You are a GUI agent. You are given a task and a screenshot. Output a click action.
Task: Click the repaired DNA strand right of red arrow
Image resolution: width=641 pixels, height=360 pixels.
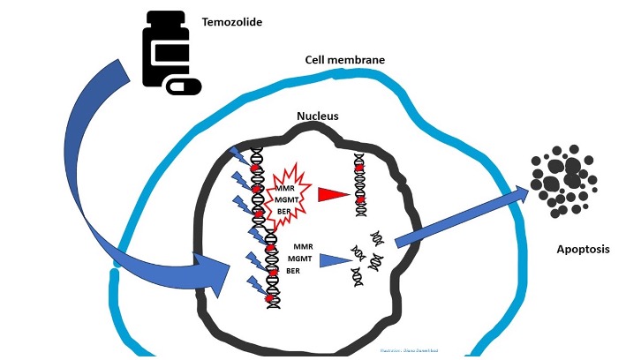(x=359, y=184)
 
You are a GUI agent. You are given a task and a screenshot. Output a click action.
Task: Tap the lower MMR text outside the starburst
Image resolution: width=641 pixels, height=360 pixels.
(x=302, y=244)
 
